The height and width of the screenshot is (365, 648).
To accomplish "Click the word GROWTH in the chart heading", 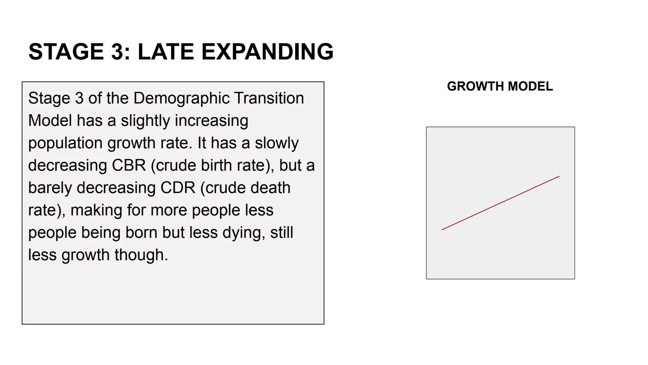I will (x=475, y=87).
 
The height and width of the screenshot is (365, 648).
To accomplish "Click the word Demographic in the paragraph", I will (x=181, y=98).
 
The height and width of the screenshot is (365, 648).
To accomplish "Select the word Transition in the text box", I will (x=269, y=98).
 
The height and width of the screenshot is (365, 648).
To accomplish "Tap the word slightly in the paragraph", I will (x=145, y=121).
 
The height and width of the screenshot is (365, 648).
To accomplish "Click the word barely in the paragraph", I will (x=50, y=188).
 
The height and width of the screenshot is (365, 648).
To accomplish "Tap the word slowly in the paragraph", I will (x=276, y=143).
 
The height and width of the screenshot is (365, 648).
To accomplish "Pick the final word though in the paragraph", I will (x=141, y=255).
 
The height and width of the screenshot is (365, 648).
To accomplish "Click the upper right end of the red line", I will (x=559, y=176).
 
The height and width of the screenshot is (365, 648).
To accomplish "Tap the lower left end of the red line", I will (x=442, y=230).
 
